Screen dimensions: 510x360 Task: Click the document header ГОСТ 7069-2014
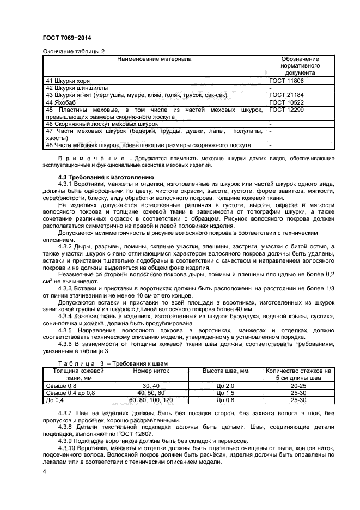(x=66, y=38)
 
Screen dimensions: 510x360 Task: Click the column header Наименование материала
(x=155, y=58)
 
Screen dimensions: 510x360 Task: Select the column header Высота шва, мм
(x=225, y=371)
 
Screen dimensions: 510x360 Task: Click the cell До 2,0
(x=225, y=386)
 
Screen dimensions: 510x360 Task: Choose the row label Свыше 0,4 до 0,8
(x=71, y=393)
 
